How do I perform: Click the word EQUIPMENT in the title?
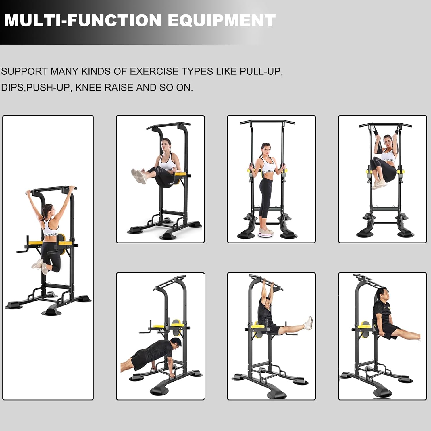(222, 20)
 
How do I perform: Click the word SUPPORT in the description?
(24, 71)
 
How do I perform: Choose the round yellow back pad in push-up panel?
(176, 324)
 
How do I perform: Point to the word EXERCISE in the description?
(154, 71)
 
